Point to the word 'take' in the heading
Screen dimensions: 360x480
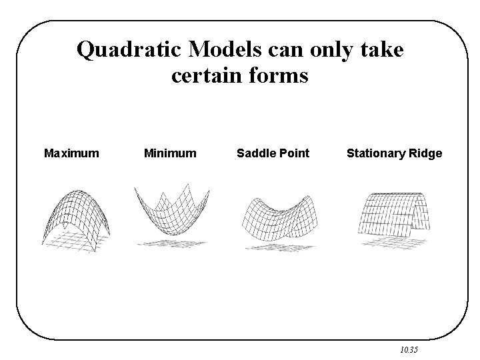(382, 49)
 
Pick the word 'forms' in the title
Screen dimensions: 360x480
(279, 76)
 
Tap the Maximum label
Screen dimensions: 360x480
(71, 153)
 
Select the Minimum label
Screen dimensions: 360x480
(170, 153)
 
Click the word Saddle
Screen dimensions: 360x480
(255, 153)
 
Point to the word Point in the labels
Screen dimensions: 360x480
(293, 153)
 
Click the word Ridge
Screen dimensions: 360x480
(427, 153)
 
